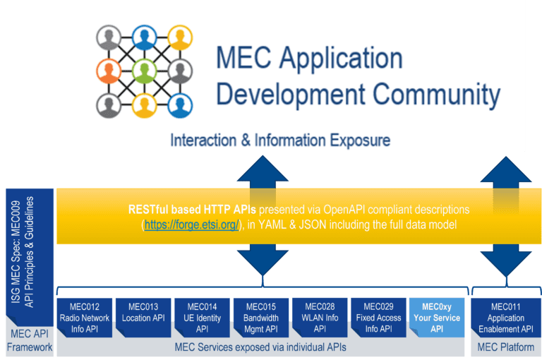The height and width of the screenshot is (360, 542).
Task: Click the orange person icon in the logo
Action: pos(109,71)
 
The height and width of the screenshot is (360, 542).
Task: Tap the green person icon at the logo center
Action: pos(145,71)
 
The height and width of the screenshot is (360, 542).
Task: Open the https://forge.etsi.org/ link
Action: pos(190,224)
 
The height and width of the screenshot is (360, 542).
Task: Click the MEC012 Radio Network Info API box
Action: pos(84,318)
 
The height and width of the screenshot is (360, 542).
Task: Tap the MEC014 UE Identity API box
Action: pos(202,318)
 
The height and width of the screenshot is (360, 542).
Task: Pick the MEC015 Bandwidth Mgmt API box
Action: pos(260,318)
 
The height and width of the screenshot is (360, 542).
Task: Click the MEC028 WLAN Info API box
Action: pos(319,318)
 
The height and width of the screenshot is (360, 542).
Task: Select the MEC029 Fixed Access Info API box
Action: pos(378,318)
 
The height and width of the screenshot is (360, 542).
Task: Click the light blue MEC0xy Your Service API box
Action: pos(436,318)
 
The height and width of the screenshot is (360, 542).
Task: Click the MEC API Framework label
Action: pos(29,342)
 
